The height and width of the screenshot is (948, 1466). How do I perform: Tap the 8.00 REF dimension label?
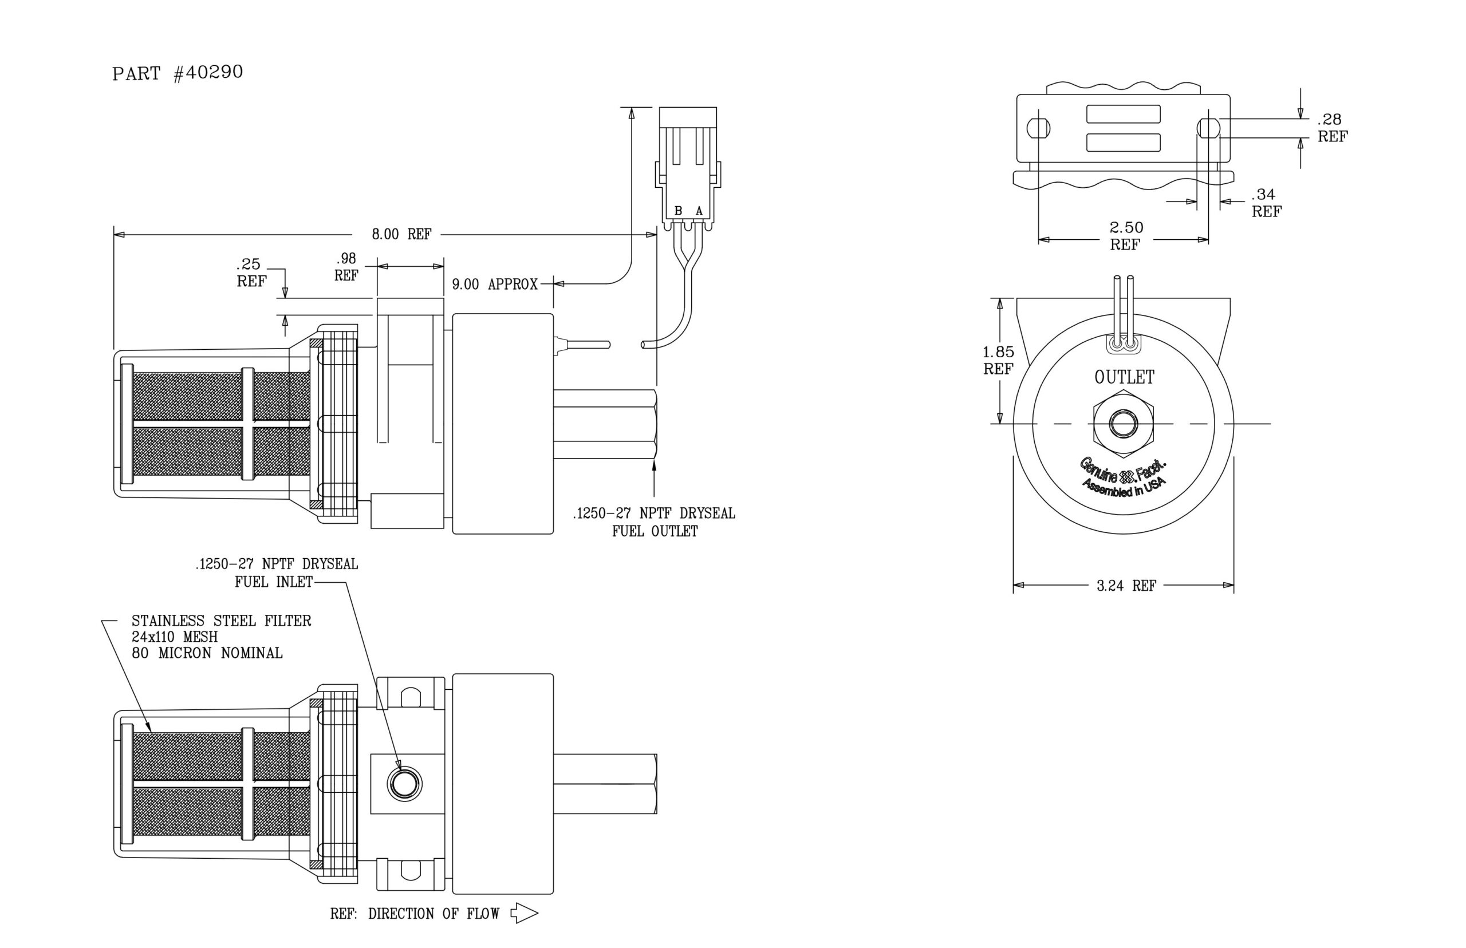(401, 234)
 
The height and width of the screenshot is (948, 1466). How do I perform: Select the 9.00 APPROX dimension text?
(494, 284)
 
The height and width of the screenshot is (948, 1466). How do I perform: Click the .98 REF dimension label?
(346, 267)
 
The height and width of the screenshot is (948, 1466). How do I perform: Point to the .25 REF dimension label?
(251, 272)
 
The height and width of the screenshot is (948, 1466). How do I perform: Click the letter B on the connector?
(678, 211)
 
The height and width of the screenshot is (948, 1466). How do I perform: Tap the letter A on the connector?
(699, 211)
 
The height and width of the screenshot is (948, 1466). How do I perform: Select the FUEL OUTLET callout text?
(655, 531)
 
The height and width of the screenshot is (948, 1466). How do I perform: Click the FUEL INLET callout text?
(273, 582)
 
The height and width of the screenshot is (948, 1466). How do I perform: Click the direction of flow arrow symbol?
(525, 913)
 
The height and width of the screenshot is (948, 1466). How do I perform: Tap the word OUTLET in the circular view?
(1124, 377)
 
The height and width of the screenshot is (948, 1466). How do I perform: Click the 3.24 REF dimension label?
(1126, 586)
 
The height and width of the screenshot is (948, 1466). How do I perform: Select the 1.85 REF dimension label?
(998, 360)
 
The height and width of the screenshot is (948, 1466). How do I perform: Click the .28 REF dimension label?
(1332, 128)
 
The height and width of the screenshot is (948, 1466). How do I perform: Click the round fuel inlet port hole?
(404, 784)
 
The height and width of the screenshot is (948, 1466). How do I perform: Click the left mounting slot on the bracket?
(1038, 128)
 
